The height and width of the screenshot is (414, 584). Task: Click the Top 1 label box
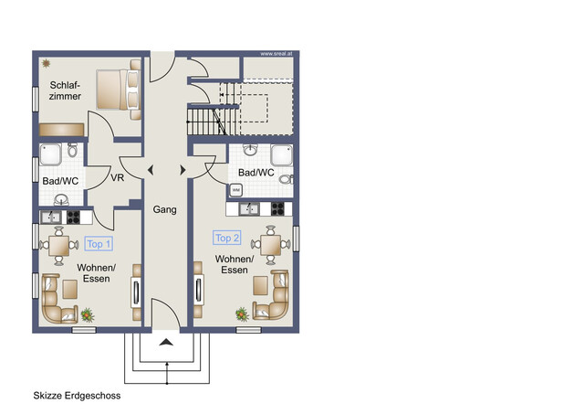(x=99, y=244)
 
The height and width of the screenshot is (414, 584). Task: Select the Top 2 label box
(x=226, y=238)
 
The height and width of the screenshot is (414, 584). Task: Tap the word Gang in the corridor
(x=165, y=209)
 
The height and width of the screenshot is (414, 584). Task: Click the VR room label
(x=117, y=178)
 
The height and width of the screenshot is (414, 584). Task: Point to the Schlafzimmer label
(x=65, y=90)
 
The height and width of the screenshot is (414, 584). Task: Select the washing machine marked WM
(x=236, y=190)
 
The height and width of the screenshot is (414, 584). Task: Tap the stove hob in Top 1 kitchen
(x=74, y=218)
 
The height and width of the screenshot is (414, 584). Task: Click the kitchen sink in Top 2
(x=249, y=209)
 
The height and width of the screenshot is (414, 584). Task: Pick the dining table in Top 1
(x=60, y=245)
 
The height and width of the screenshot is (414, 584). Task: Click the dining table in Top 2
(x=270, y=244)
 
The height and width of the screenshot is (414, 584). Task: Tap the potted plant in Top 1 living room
(x=88, y=313)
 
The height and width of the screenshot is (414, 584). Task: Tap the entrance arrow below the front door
(x=166, y=342)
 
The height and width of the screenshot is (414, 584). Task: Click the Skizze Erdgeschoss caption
(x=77, y=396)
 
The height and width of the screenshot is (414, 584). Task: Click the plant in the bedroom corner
(x=46, y=63)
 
